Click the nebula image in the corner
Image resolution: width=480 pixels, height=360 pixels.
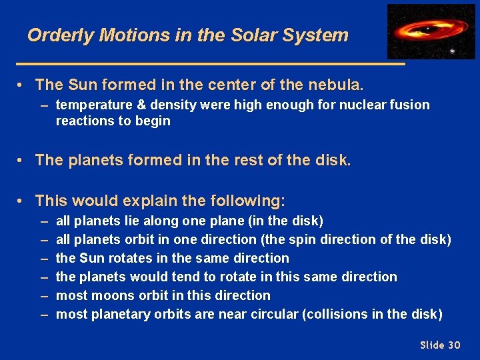tap(431, 31)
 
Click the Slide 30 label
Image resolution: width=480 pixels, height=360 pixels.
tap(440, 345)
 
